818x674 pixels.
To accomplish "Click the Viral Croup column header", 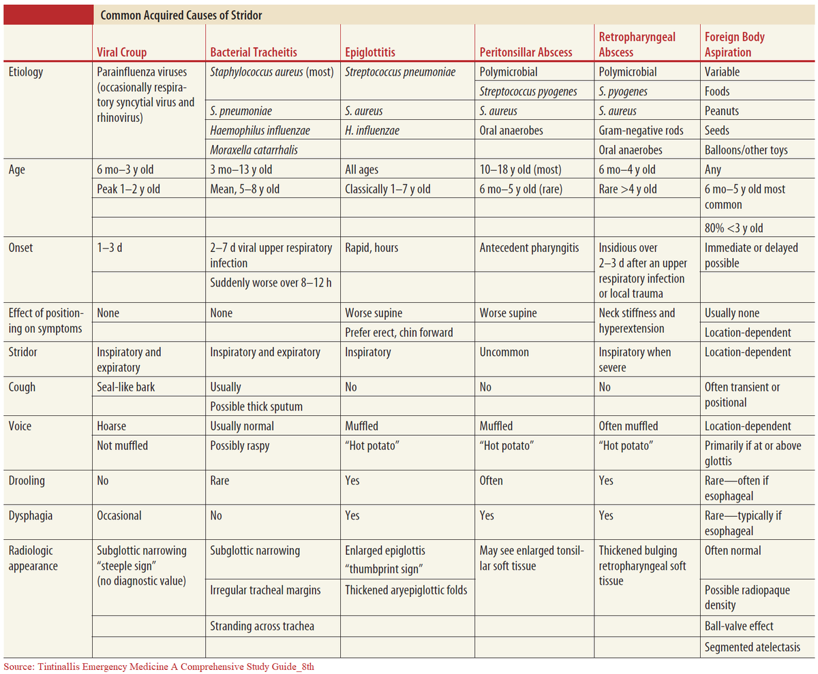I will (122, 52).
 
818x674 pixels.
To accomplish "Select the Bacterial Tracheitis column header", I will (254, 52).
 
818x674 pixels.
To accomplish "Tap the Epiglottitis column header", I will (370, 52).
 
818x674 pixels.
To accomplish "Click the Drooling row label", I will (27, 481).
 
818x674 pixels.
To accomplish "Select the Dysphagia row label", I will (29, 515).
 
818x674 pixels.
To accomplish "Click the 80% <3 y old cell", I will (735, 227).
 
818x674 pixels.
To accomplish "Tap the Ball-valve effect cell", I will (739, 626).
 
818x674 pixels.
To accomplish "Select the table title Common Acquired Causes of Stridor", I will (181, 15).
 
